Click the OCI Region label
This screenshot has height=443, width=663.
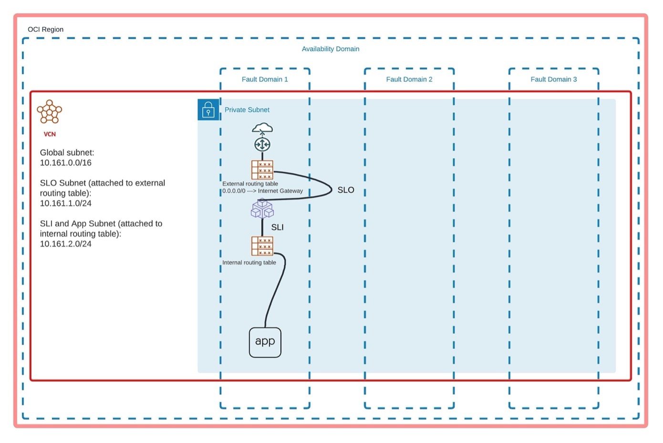[45, 29]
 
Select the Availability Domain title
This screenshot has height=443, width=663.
[330, 49]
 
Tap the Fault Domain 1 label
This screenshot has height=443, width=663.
[265, 79]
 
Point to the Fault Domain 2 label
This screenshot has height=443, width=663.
[409, 79]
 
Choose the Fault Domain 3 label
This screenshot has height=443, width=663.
[553, 79]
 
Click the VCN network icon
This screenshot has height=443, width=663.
[50, 112]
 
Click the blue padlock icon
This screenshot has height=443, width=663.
[208, 110]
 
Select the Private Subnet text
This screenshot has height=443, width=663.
[247, 110]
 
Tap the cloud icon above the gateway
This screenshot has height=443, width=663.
[262, 128]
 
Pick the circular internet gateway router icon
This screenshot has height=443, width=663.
[262, 144]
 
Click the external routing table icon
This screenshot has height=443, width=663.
[262, 170]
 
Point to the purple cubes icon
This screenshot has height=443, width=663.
[262, 209]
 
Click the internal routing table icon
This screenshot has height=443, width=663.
[262, 246]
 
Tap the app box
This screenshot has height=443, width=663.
[265, 342]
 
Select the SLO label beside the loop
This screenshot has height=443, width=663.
[346, 190]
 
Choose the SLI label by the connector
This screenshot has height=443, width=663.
[277, 227]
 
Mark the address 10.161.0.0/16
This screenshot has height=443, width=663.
[65, 163]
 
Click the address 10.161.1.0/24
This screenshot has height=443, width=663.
[65, 203]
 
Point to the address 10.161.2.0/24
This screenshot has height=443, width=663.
[65, 244]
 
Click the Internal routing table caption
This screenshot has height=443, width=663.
[249, 263]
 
